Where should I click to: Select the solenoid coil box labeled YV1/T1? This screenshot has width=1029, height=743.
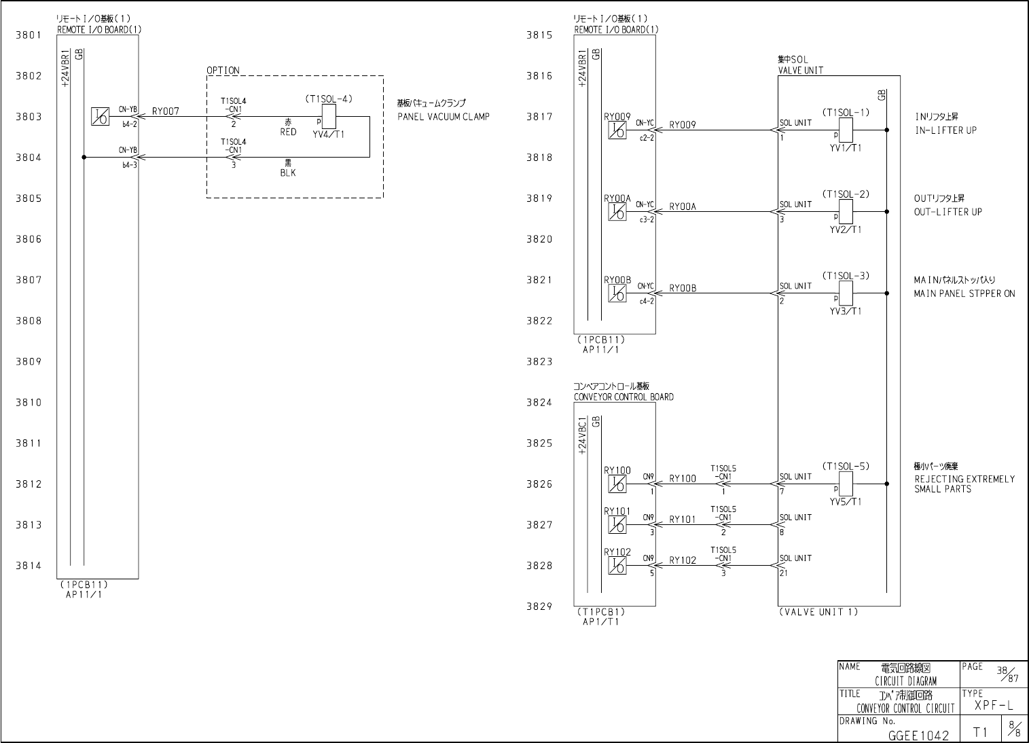[846, 128]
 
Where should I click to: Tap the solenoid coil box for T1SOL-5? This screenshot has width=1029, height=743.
[846, 483]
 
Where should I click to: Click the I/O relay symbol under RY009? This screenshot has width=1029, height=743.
[617, 130]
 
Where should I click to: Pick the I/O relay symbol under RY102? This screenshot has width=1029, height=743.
[617, 566]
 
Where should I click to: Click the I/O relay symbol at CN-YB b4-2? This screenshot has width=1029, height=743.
[99, 117]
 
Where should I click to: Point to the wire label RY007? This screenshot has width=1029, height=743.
[166, 111]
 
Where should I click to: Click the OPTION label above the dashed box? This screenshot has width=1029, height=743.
[223, 71]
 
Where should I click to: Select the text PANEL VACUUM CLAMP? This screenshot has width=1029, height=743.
[443, 117]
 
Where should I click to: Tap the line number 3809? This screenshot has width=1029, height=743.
[29, 361]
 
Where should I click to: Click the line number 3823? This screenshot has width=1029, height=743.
[539, 361]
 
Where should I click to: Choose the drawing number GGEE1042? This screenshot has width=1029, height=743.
[918, 735]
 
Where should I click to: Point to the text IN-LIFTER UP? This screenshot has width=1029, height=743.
[945, 130]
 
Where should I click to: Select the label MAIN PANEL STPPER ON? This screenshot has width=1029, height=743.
[964, 293]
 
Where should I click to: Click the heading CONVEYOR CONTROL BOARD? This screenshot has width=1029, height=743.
[624, 397]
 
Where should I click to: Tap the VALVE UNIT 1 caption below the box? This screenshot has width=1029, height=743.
[818, 612]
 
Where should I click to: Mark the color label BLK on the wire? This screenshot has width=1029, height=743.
[288, 173]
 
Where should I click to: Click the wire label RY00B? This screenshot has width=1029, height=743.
[683, 289]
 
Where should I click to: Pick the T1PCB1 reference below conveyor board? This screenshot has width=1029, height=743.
[600, 612]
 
